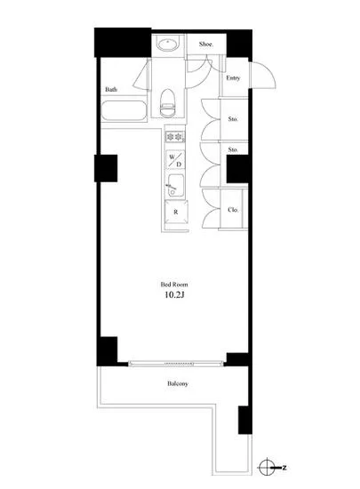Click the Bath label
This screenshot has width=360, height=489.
(x=111, y=90)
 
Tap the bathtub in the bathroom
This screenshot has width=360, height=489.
(x=124, y=111)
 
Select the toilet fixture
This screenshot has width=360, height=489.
(x=167, y=102)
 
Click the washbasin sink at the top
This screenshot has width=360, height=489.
(x=168, y=44)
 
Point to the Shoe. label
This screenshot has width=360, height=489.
(x=206, y=44)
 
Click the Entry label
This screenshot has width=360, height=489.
(x=233, y=78)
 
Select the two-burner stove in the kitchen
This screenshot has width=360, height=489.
(x=175, y=137)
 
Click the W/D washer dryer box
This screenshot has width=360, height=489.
(x=175, y=160)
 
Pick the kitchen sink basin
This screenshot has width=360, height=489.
(x=176, y=185)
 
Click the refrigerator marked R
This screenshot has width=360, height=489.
(x=176, y=212)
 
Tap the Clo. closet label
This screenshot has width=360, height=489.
(x=233, y=210)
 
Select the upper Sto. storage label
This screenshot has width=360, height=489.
(x=233, y=119)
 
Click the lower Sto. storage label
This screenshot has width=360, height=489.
(x=233, y=149)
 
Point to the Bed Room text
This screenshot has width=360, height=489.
(x=174, y=285)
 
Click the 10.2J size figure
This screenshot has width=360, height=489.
(x=174, y=294)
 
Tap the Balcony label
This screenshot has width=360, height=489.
(x=178, y=383)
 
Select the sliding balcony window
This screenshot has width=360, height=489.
(x=176, y=364)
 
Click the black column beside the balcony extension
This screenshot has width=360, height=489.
(x=245, y=420)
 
